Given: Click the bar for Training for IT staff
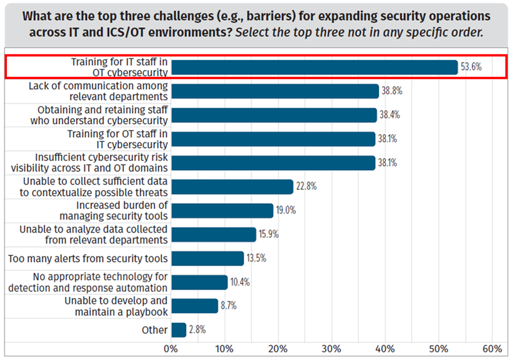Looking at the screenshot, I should coord(314,68).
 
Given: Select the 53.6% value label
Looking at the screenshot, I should coord(471,68).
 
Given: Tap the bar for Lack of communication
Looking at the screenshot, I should coord(275,91).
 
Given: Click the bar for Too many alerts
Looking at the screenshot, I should coord(207,258).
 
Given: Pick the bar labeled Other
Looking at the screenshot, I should coord(179,330).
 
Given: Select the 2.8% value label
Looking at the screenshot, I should coord(197,330).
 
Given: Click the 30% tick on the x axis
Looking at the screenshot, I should coord(331,349).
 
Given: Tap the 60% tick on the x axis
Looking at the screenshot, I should coord(492,349).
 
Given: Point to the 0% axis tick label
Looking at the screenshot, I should coord(171,349).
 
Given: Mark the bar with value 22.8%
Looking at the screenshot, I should coord(232,187).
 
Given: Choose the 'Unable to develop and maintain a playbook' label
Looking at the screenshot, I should coord(116,306).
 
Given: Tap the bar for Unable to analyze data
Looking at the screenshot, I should coord(214,234).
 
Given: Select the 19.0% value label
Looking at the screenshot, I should coord(285,211).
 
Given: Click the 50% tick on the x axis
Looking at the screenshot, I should coord(438,349).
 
